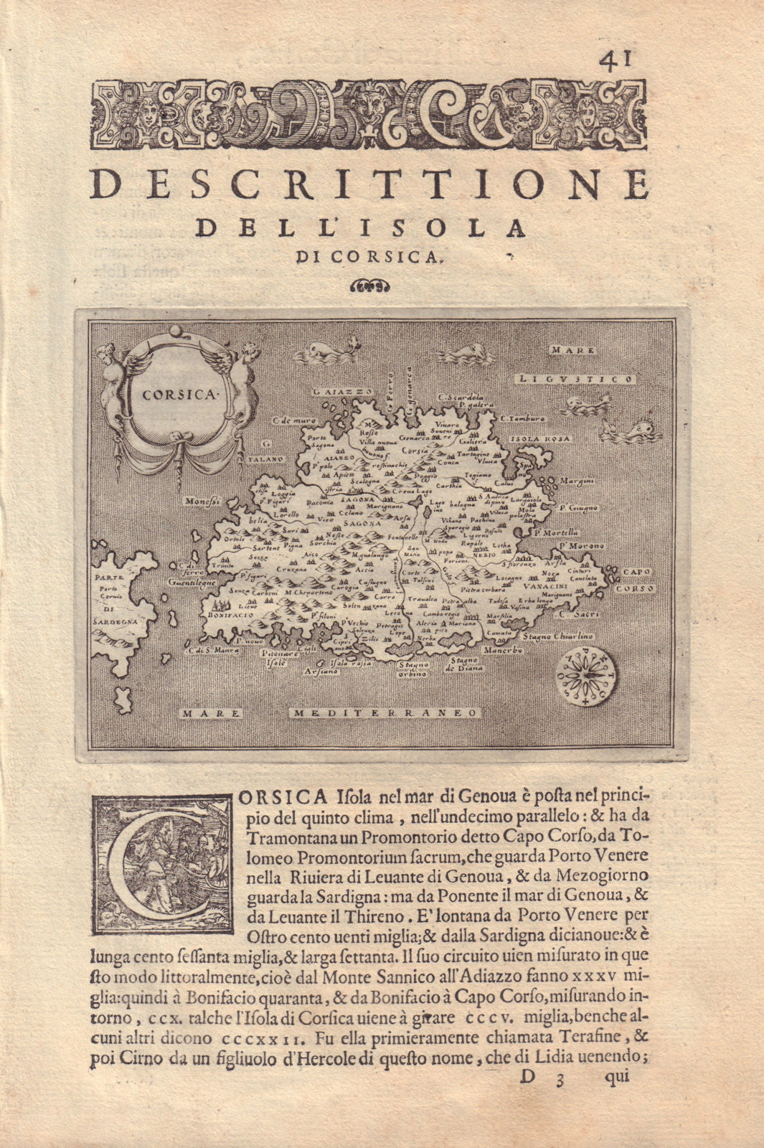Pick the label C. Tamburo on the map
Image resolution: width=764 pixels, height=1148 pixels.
[x=523, y=418]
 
